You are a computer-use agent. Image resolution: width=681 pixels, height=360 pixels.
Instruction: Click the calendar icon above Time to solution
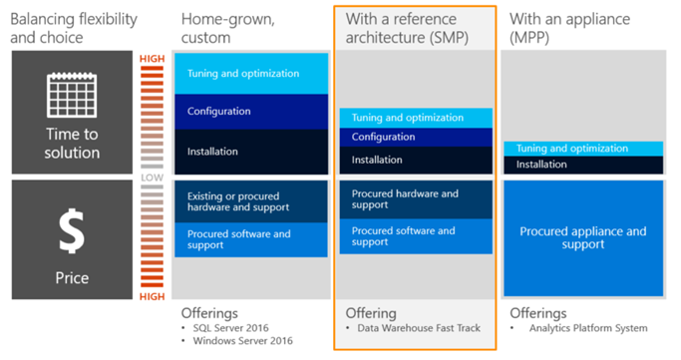point(72,95)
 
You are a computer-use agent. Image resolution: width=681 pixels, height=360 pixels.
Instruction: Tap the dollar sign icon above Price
point(72,231)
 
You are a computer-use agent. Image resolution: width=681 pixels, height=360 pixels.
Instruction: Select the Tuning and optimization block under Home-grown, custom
point(251,74)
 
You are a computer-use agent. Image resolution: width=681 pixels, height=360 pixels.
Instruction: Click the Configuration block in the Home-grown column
point(251,111)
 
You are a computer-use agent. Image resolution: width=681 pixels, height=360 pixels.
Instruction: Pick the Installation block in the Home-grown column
point(251,152)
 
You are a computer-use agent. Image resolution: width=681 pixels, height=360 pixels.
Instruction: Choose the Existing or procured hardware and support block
point(251,201)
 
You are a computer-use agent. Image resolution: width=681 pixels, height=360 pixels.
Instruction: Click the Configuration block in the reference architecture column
point(416,137)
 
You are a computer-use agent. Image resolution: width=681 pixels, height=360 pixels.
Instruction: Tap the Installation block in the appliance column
point(583,165)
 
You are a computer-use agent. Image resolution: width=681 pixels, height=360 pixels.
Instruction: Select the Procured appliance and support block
point(583,238)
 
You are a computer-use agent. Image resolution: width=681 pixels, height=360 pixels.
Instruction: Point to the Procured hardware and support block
point(416,199)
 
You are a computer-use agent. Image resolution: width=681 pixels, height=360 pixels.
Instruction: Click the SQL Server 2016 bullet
point(230,328)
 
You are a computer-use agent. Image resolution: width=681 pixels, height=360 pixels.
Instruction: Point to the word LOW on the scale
point(152,178)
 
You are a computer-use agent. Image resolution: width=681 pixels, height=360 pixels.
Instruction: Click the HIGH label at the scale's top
point(152,59)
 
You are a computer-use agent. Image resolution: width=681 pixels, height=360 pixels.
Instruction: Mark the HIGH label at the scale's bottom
point(152,296)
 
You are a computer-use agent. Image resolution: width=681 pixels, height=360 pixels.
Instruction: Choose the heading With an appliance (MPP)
point(569,28)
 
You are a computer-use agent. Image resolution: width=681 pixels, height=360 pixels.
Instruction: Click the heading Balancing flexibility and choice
point(74,28)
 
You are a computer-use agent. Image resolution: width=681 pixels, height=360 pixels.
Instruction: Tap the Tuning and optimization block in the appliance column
point(583,149)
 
